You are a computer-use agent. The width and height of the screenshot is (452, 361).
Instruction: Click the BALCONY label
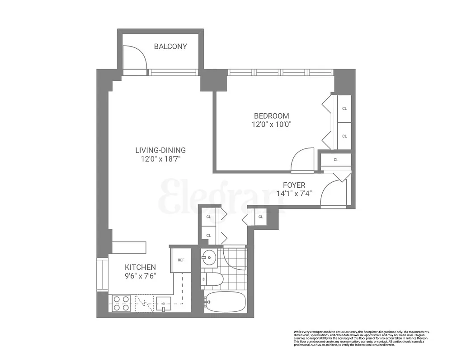170,46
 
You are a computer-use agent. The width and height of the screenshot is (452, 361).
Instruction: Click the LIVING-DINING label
160,150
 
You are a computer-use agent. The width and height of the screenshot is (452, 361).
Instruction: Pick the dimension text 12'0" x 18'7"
160,159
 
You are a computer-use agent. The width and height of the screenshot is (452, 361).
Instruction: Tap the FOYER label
294,185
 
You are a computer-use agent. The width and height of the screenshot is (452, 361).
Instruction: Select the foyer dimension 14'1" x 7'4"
294,194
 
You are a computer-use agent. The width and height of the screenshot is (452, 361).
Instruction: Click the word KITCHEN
141,267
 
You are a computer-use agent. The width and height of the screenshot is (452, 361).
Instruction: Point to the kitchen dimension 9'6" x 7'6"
141,276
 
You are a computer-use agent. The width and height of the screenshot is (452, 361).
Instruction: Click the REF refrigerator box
181,260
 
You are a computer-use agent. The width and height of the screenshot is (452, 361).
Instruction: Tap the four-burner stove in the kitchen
121,303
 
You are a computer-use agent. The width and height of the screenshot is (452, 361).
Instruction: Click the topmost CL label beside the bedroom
344,108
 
